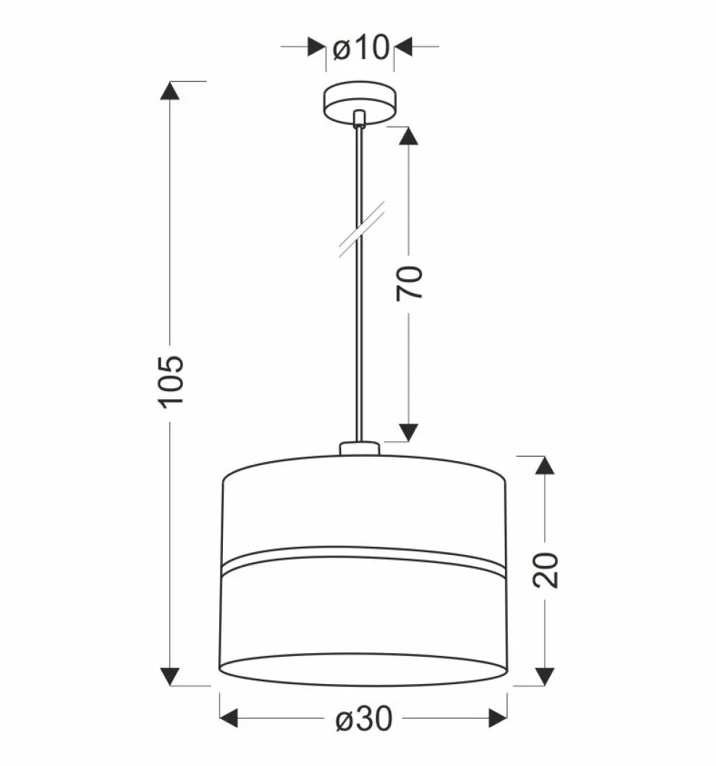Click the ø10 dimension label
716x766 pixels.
(x=361, y=47)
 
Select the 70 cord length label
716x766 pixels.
(x=409, y=283)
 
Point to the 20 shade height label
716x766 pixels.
(x=545, y=570)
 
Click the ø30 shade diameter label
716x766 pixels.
(x=364, y=719)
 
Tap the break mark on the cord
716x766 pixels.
(x=362, y=229)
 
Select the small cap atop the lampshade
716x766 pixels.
(x=359, y=449)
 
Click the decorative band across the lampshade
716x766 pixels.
(x=363, y=558)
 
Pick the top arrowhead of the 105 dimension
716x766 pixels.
(x=170, y=91)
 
